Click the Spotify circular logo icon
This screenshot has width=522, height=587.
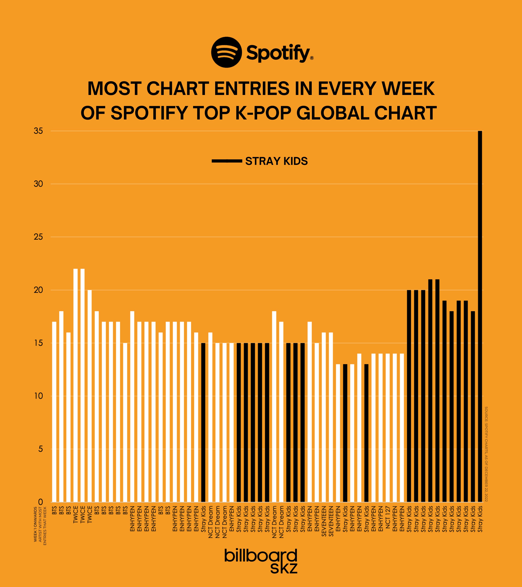[226, 52]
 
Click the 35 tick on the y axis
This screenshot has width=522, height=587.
[38, 131]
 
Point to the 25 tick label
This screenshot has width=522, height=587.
[38, 237]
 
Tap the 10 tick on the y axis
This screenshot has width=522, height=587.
[38, 396]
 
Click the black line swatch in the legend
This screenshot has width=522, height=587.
[227, 161]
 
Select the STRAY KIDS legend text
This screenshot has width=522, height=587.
[276, 161]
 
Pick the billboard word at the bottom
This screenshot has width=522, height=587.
[261, 556]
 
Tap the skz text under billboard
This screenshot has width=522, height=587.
[284, 568]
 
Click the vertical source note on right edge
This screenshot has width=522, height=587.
[486, 454]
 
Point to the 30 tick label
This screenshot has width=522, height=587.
[38, 184]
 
